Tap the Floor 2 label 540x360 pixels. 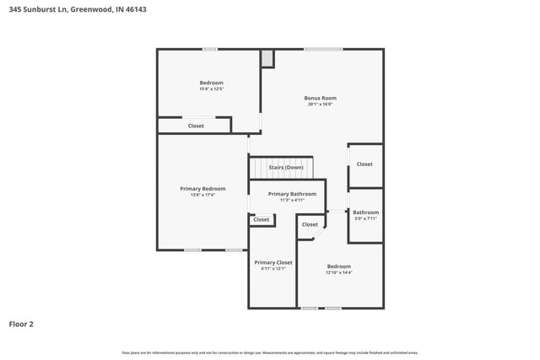22,323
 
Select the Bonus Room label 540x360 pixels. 320,98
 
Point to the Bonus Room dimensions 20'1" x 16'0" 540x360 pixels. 320,105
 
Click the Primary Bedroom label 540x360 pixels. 202,188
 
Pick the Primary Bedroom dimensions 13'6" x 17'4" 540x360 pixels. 202,195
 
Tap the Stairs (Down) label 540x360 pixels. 286,167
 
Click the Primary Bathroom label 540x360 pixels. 292,194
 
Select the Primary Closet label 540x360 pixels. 273,262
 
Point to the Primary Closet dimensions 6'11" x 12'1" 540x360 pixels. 273,269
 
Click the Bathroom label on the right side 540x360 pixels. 365,212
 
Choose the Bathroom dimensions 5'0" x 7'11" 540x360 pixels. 365,219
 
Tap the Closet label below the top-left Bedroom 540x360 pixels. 196,126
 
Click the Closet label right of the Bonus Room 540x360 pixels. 364,164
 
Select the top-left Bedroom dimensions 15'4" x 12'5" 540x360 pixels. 211,89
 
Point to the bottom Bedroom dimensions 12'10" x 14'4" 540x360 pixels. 338,272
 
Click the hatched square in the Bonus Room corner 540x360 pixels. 267,58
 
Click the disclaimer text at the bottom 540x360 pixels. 269,352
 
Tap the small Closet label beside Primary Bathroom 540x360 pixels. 262,219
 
